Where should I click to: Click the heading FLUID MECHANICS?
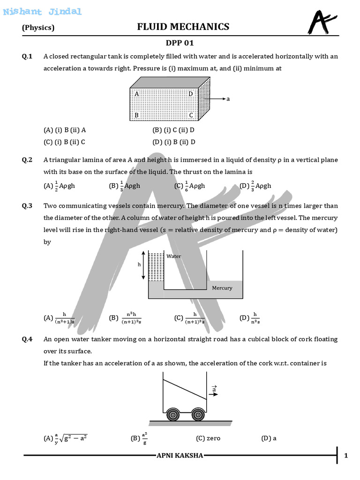183,27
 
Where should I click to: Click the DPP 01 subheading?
180,43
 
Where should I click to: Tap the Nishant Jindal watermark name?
42,12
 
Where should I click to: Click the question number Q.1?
27,57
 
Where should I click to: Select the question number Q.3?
27,206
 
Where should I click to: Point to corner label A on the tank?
136,94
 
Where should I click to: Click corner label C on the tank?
191,115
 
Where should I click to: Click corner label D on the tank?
190,94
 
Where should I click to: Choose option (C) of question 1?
64,142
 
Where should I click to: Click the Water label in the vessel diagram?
174,256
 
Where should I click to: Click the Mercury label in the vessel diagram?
222,288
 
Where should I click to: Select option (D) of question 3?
249,318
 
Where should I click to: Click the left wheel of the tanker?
173,415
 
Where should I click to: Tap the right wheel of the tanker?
198,415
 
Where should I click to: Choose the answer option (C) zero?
208,438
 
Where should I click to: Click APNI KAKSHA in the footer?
180,456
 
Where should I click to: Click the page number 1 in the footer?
346,456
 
